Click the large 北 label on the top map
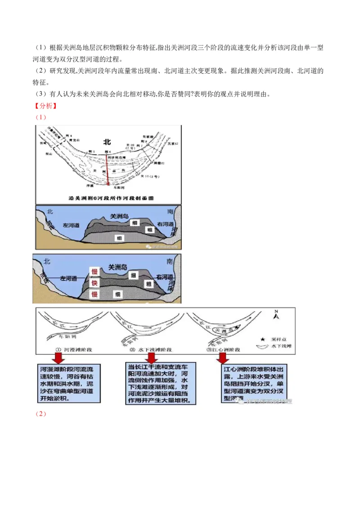pos(107,142)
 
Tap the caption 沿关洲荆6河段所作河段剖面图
pos(108,197)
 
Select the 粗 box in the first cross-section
pos(149,229)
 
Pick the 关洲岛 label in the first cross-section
pos(119,216)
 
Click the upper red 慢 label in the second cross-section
pos(94,272)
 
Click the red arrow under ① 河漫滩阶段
pos(59,357)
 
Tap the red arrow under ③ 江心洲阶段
pos(222,357)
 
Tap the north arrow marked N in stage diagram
pos(276,315)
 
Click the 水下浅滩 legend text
pos(282,347)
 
